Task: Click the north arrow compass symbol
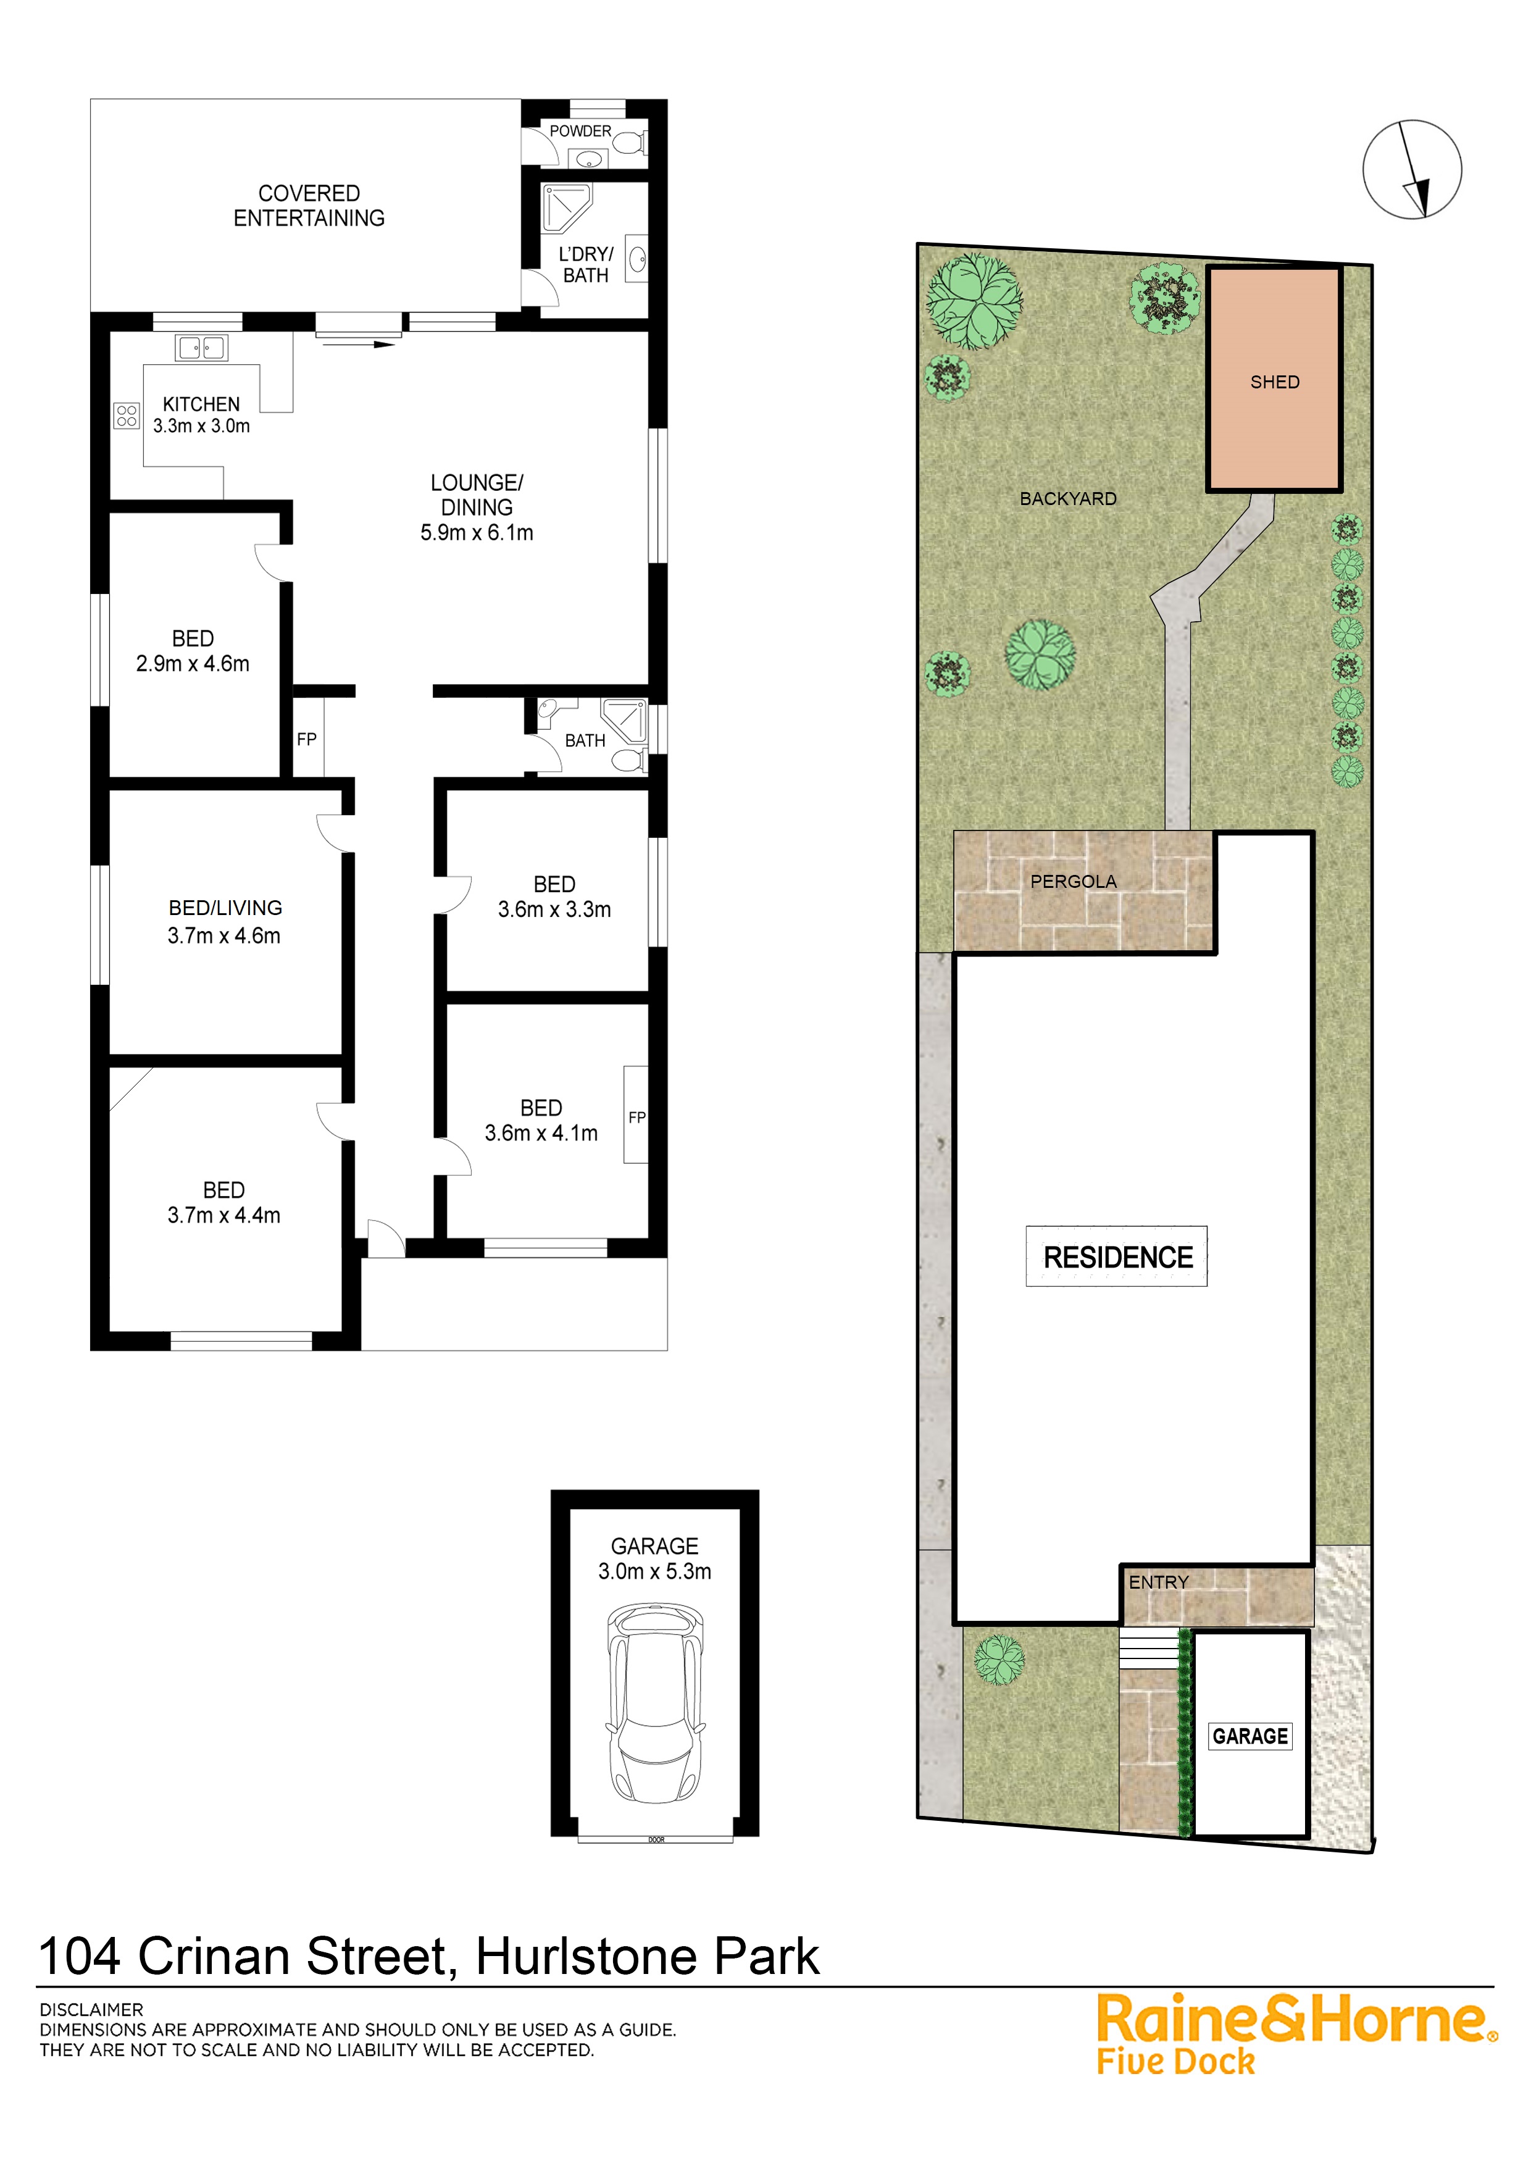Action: click(x=1411, y=170)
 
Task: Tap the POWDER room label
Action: click(x=580, y=131)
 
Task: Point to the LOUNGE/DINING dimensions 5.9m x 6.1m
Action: click(x=477, y=533)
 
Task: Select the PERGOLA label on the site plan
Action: click(x=1074, y=882)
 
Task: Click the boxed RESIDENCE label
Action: click(x=1118, y=1258)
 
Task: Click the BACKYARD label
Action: click(x=1068, y=499)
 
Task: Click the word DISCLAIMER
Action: click(x=91, y=2010)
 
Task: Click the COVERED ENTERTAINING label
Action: click(x=309, y=206)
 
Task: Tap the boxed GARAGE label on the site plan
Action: click(x=1250, y=1736)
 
